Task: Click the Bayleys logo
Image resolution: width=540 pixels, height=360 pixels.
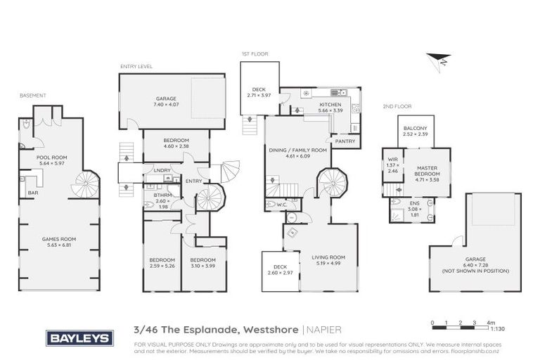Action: tap(79, 338)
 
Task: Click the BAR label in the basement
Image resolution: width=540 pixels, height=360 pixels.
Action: tap(32, 192)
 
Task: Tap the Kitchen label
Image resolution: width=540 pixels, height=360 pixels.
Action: tap(330, 105)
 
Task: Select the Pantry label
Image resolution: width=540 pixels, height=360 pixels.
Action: tap(345, 141)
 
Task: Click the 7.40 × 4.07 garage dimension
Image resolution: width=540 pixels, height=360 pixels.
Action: tap(165, 105)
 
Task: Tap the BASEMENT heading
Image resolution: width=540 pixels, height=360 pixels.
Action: tap(32, 95)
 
